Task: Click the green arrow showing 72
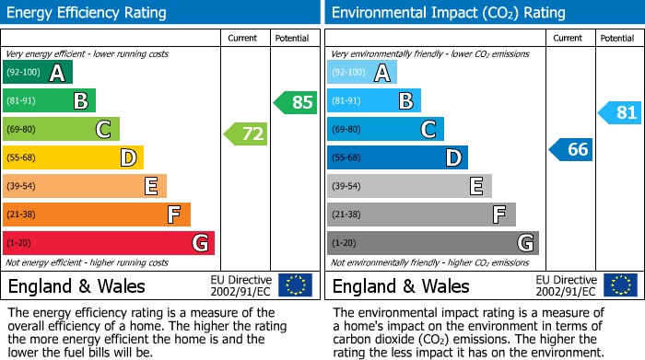(246, 134)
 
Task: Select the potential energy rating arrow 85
(296, 102)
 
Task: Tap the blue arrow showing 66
(571, 149)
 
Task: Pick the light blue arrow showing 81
(620, 113)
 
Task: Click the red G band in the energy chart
(109, 243)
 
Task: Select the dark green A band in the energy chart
(38, 73)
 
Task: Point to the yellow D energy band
(74, 158)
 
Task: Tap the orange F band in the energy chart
(97, 215)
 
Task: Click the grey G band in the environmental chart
(433, 243)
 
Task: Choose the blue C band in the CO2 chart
(385, 130)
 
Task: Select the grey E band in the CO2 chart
(409, 186)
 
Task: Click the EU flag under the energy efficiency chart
(295, 285)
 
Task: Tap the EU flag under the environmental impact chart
(620, 285)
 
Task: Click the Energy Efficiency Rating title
(88, 13)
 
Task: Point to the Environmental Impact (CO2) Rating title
(448, 13)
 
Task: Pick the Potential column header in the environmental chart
(617, 38)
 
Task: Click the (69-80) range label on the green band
(23, 130)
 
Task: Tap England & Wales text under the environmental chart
(401, 285)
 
